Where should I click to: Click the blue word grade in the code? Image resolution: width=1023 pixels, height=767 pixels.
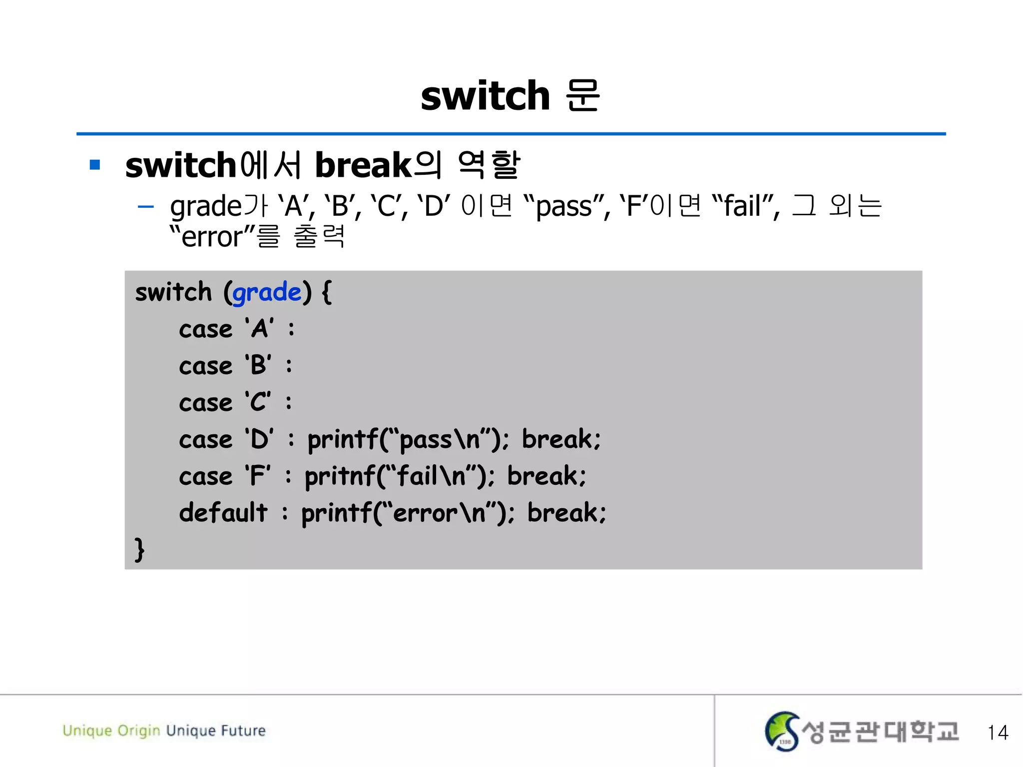pos(267,292)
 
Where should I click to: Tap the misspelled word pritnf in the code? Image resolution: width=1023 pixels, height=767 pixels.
pos(340,476)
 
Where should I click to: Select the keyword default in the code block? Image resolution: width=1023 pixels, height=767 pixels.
pos(223,512)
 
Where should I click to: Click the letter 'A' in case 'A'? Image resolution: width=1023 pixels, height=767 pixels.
pos(259,329)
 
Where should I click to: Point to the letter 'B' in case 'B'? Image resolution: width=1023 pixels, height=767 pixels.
pos(258,366)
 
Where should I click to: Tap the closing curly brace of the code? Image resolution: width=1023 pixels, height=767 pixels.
pos(139,549)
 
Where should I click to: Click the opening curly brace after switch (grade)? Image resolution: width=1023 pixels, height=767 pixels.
pos(327,292)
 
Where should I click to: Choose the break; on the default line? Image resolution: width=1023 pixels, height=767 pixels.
pos(566,513)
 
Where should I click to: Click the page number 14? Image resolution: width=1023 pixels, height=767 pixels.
pos(998,733)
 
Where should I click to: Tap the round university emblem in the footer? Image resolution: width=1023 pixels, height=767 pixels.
pos(782,732)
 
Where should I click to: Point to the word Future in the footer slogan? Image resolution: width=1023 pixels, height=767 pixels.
pos(243,731)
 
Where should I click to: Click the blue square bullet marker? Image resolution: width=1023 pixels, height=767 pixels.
pos(95,165)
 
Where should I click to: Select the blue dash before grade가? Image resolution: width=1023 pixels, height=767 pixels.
pos(145,206)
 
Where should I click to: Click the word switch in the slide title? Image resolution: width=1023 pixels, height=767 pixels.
pos(485,96)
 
